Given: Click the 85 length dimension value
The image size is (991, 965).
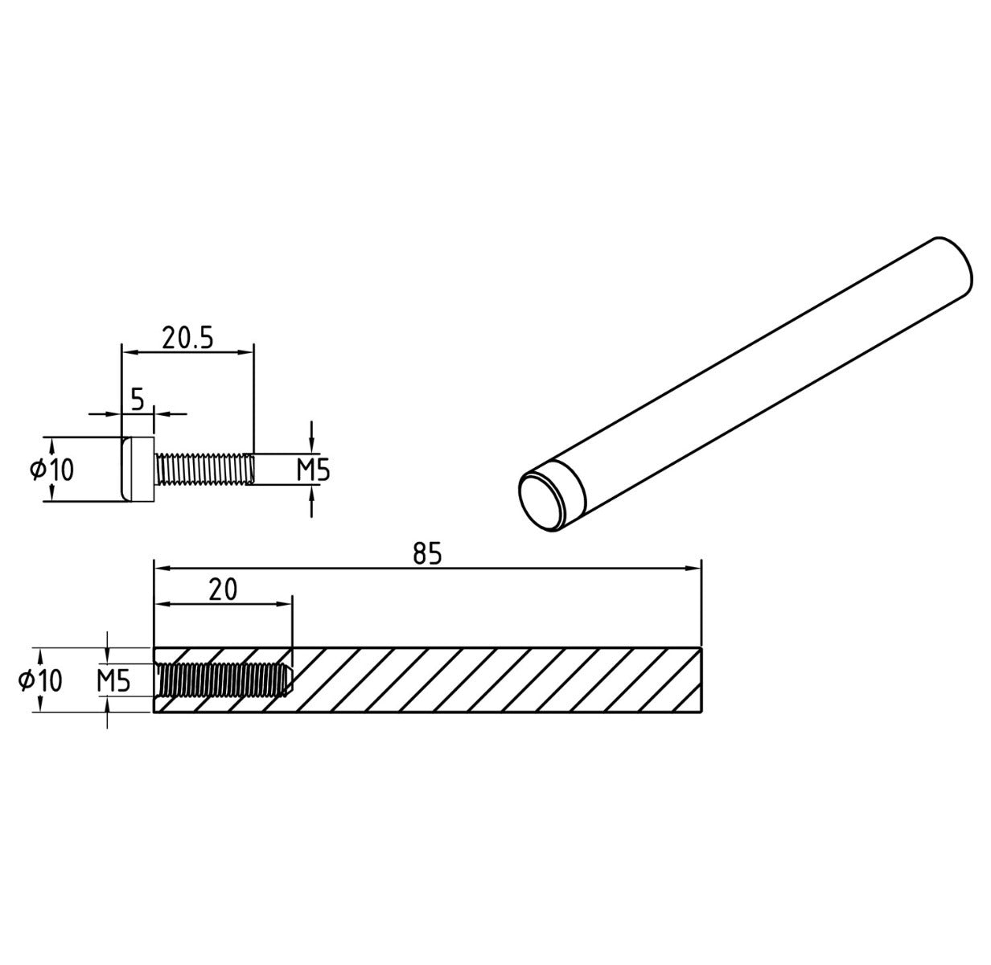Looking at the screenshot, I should (x=427, y=554).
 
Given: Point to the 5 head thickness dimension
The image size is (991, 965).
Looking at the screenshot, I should (x=137, y=400).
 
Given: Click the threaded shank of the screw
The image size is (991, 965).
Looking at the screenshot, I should (x=205, y=470).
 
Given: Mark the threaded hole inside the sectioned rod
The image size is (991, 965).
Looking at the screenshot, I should (x=221, y=680).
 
